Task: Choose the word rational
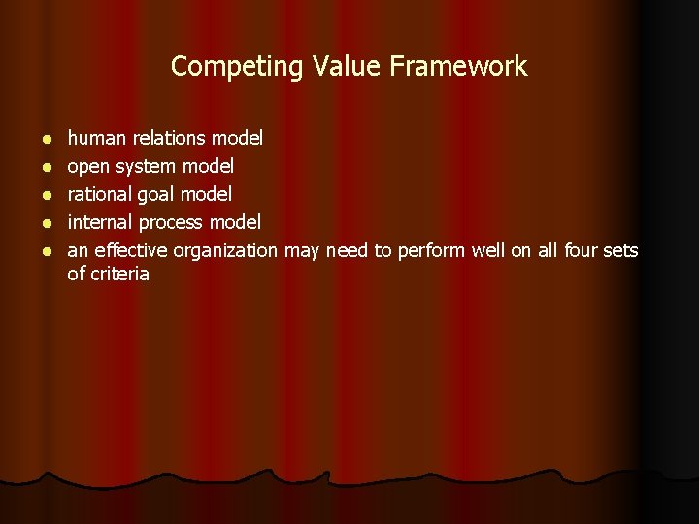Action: point(99,195)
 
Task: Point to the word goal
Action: point(155,195)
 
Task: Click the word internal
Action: point(99,223)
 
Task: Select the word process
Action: point(171,223)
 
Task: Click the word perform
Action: point(431,251)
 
